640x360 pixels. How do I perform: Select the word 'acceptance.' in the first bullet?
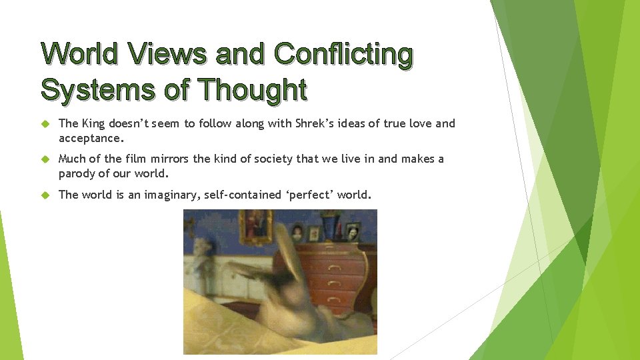tap(91, 138)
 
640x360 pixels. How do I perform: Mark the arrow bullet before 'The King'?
tap(45, 124)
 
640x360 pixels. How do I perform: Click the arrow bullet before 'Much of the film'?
tap(45, 159)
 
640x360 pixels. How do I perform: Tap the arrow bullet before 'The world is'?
tap(45, 195)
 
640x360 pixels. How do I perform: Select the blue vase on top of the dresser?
tap(329, 225)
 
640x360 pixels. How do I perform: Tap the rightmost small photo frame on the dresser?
tap(352, 231)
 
